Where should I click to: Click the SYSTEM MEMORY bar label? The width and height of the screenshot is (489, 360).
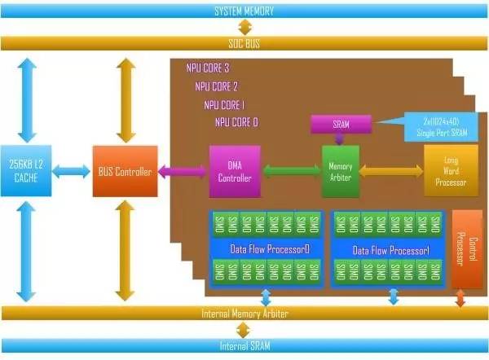tap(244, 11)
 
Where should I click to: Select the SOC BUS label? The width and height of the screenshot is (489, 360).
tap(244, 42)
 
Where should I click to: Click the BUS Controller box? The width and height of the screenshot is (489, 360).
tap(122, 172)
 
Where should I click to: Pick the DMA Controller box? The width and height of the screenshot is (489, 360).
tap(235, 171)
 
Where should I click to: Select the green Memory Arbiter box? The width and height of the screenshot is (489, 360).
tap(341, 171)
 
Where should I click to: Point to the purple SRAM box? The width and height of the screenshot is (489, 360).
tap(341, 125)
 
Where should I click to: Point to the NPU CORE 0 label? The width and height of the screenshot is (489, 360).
tap(236, 122)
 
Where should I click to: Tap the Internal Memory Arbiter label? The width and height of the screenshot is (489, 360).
tap(244, 314)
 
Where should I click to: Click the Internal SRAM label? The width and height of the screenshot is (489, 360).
tap(244, 346)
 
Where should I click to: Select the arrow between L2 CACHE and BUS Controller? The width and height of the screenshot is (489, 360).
tap(72, 171)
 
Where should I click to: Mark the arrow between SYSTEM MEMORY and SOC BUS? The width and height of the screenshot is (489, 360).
tap(244, 27)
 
